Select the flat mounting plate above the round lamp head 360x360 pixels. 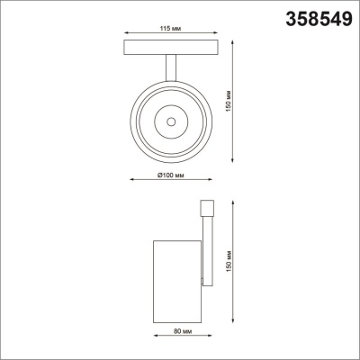(168, 50)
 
